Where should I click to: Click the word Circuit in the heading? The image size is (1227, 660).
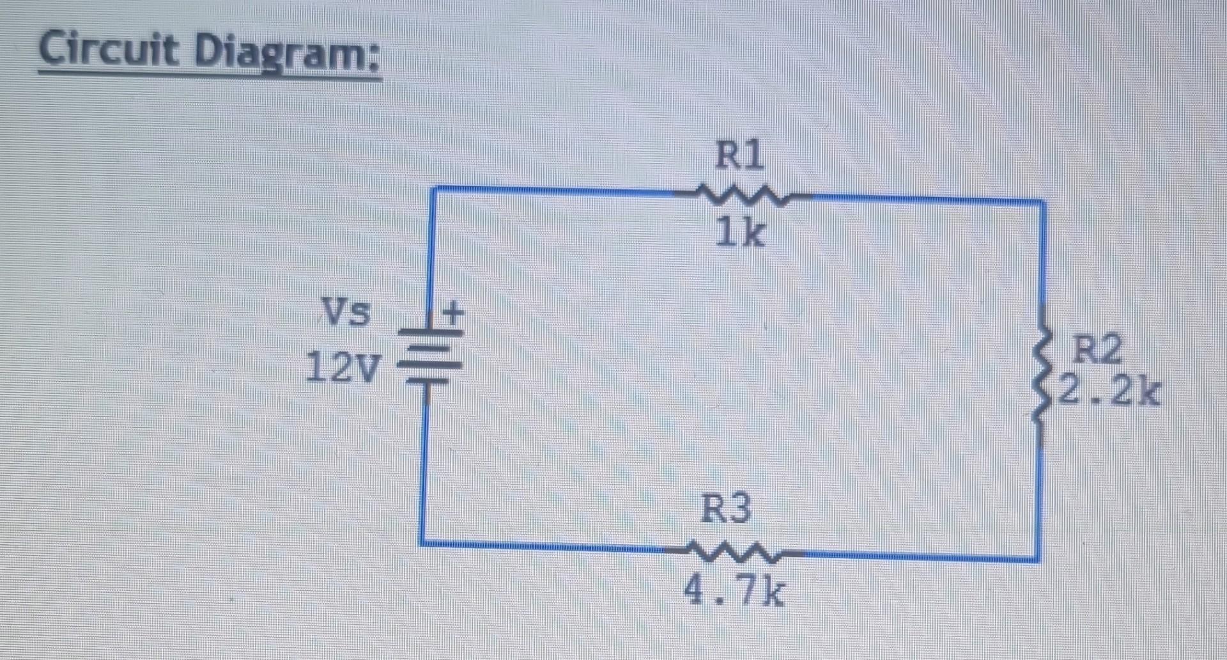[x=109, y=49]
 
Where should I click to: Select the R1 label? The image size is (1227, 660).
[x=739, y=155]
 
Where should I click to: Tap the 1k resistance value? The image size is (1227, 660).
[x=739, y=232]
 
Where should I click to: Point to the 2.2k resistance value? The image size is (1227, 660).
[x=1108, y=391]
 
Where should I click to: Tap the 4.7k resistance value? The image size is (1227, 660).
[x=733, y=591]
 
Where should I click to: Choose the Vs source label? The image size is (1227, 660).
[x=346, y=312]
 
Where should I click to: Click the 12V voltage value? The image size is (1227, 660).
[x=343, y=368]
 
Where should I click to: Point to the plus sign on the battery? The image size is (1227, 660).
[x=453, y=313]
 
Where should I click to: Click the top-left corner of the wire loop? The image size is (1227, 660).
[x=434, y=189]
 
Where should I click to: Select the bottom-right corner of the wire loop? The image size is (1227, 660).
[x=1037, y=560]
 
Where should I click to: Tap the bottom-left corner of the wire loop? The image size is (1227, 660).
[x=422, y=543]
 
